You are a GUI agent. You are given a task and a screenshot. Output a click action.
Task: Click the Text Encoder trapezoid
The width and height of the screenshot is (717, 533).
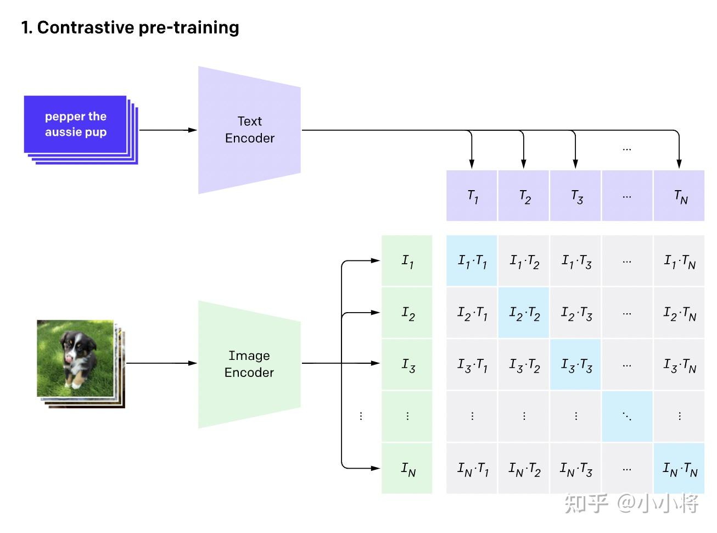(x=249, y=130)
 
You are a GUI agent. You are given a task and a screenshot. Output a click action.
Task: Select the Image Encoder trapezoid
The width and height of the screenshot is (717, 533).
(x=249, y=364)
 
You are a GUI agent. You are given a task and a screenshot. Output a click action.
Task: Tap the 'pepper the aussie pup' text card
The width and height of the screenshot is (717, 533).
(x=75, y=124)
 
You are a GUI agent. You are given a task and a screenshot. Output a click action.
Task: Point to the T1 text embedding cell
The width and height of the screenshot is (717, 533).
(x=472, y=196)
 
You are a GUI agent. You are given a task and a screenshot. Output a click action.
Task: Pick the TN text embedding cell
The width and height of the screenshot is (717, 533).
(x=680, y=196)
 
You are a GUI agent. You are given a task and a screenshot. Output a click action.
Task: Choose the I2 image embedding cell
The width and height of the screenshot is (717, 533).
(x=407, y=313)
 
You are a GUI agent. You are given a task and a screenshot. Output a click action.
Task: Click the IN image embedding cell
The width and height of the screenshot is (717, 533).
(x=407, y=469)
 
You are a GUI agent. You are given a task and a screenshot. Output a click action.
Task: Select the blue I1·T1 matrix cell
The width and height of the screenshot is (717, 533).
(x=472, y=261)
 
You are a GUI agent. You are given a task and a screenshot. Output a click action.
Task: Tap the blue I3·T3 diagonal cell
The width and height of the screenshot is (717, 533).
(x=576, y=365)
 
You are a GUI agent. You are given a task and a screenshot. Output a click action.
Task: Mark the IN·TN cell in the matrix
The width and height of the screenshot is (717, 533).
(x=680, y=469)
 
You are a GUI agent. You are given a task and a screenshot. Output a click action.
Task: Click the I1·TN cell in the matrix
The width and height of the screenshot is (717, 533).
(x=680, y=261)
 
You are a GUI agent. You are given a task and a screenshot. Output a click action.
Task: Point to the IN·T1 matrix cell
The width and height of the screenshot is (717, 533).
(x=472, y=469)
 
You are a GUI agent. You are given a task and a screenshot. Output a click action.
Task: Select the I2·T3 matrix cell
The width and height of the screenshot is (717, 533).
(x=576, y=313)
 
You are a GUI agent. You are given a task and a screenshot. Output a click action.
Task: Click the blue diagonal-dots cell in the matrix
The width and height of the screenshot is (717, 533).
(x=628, y=417)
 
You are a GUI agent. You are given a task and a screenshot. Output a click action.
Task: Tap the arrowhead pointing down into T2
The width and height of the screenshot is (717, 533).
(x=524, y=164)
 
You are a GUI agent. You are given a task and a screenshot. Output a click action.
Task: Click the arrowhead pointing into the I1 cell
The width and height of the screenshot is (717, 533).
(x=376, y=260)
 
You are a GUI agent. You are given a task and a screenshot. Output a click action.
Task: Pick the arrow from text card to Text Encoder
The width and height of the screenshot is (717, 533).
(x=167, y=130)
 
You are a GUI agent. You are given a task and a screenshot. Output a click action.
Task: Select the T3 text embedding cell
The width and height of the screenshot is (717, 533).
(x=576, y=196)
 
